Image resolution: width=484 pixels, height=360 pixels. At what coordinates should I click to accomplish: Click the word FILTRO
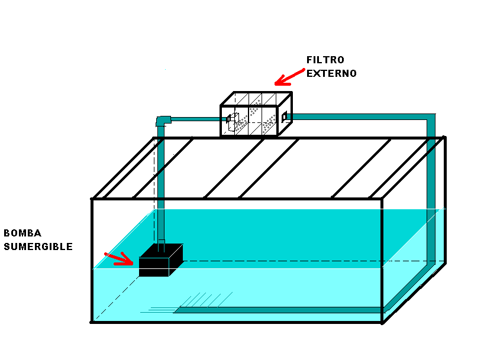tap(325, 60)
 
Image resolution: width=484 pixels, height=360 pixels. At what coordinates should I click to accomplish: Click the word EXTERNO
tap(331, 73)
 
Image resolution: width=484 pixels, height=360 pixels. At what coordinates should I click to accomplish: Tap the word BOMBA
tap(22, 233)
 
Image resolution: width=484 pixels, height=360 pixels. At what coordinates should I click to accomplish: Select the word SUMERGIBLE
tap(38, 247)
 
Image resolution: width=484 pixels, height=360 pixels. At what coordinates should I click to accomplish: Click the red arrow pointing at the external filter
tap(289, 77)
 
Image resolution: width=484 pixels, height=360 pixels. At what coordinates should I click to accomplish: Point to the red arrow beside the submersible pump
tap(119, 258)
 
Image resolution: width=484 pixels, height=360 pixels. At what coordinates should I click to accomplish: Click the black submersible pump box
tap(161, 260)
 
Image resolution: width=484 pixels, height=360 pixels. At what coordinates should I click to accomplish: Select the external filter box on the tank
tap(256, 114)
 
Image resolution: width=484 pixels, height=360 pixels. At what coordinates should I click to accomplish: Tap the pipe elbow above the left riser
tap(163, 121)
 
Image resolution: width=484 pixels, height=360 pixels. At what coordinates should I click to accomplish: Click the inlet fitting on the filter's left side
tap(230, 119)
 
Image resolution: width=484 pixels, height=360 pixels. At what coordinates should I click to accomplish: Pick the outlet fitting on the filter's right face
tap(285, 117)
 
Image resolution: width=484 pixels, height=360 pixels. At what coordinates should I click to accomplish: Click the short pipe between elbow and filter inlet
tap(195, 119)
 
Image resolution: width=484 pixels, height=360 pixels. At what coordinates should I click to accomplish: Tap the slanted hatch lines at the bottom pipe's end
tap(206, 300)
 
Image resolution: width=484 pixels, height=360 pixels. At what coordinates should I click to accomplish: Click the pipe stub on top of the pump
tap(162, 245)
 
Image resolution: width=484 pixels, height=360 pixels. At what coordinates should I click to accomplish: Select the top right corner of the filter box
tap(291, 92)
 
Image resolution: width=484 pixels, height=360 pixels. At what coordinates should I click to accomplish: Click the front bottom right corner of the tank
tap(382, 322)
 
